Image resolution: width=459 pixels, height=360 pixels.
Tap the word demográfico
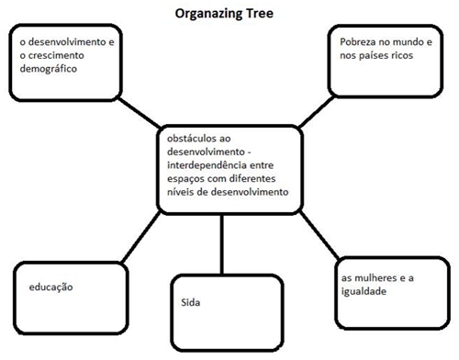[49, 69]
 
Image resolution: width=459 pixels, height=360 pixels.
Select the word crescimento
[56, 55]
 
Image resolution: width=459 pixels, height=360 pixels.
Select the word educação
[50, 287]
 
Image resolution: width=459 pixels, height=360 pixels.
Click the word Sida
[191, 302]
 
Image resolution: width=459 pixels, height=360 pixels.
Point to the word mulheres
[375, 278]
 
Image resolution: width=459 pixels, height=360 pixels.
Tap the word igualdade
[364, 291]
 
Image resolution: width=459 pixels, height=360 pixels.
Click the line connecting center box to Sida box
[222, 244]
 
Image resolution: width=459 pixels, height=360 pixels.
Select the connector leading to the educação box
[140, 237]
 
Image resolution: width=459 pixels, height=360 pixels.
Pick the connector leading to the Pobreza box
[317, 112]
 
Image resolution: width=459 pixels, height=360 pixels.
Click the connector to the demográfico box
[139, 113]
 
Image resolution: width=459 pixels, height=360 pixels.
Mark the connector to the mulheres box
[319, 235]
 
